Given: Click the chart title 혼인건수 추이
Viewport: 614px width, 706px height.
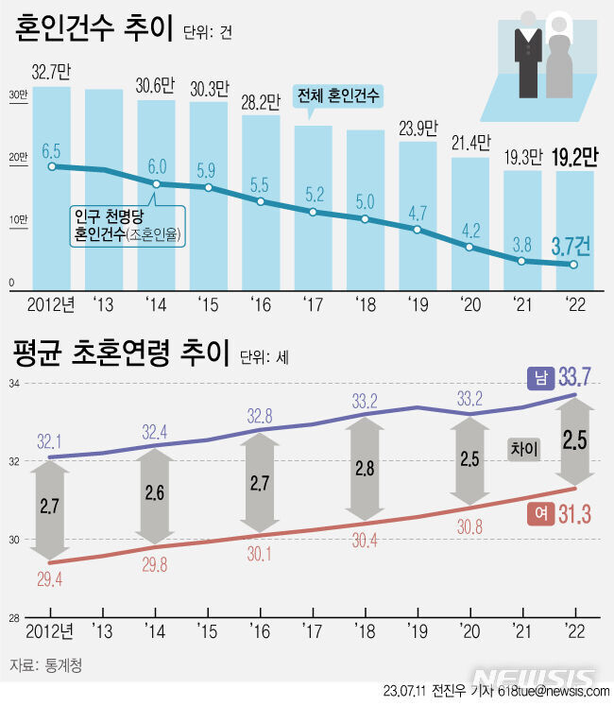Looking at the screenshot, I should (93, 30).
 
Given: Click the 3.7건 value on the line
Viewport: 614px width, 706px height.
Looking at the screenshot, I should (571, 247).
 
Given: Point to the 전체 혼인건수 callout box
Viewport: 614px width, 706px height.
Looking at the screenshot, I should (339, 96).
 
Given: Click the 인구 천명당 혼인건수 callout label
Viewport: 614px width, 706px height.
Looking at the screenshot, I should (128, 225).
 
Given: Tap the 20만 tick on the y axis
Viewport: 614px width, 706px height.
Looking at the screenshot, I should (18, 158).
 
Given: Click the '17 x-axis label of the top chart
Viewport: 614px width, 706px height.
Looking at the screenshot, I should (312, 305).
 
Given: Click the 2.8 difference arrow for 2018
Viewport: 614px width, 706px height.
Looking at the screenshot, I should (366, 467).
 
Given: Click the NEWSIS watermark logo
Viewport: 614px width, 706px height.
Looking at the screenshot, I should (535, 678).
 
